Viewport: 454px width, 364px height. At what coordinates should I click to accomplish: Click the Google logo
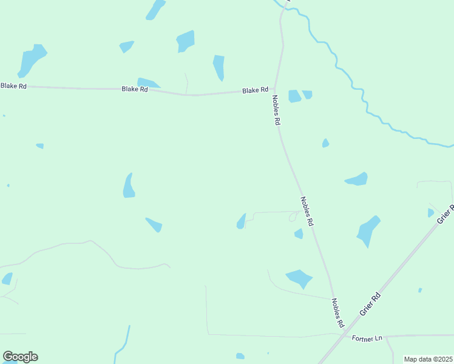click(20, 357)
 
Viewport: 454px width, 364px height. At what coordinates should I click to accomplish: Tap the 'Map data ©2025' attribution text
click(427, 359)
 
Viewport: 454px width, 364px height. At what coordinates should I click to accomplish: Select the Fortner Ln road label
click(368, 338)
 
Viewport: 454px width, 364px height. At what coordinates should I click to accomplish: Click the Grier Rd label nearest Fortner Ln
click(369, 303)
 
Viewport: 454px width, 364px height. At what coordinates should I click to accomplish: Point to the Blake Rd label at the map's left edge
click(13, 86)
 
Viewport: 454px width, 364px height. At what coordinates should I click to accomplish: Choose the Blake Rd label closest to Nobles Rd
click(255, 90)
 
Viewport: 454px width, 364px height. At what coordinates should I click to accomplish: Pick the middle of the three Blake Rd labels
click(135, 89)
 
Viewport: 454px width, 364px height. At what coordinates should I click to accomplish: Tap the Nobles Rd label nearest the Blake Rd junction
click(276, 110)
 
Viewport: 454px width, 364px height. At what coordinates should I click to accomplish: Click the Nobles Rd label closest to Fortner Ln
click(338, 313)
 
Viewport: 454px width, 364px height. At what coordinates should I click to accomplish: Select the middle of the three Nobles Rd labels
click(307, 211)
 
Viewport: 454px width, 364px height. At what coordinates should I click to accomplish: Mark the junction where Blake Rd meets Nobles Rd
click(275, 89)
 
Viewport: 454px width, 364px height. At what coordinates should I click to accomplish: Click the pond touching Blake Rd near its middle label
click(147, 83)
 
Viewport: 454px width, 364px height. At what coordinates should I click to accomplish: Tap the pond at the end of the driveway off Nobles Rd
click(241, 222)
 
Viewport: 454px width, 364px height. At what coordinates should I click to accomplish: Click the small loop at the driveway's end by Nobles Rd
click(294, 216)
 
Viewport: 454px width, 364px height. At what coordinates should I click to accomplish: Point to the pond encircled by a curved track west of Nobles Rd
click(299, 278)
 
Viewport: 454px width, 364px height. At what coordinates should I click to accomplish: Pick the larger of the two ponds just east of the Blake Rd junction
click(294, 96)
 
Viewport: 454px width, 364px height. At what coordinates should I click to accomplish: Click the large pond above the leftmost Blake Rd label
click(32, 59)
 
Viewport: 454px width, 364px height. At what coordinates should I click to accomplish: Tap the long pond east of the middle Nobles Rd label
click(357, 179)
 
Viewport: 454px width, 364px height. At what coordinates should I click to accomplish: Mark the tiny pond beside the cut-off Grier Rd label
click(431, 212)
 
